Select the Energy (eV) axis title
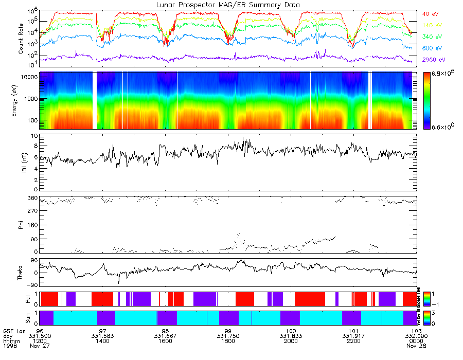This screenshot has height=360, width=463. click(x=21, y=101)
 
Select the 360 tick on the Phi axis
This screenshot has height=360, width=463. click(x=32, y=198)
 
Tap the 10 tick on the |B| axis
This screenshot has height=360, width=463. click(x=34, y=136)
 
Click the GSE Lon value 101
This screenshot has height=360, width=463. click(x=353, y=331)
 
